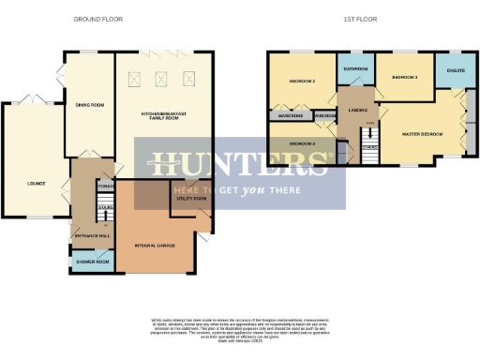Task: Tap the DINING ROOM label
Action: [89, 104]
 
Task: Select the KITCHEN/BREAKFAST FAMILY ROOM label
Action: [164, 114]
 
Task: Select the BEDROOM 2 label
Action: [300, 82]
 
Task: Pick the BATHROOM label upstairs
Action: [354, 69]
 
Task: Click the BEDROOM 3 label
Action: [404, 77]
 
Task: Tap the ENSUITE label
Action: [456, 69]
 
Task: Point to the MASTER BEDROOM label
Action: [422, 134]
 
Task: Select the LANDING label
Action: [357, 110]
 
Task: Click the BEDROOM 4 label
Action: [302, 143]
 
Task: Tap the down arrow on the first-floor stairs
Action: [370, 134]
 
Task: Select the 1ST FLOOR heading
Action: [361, 19]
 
